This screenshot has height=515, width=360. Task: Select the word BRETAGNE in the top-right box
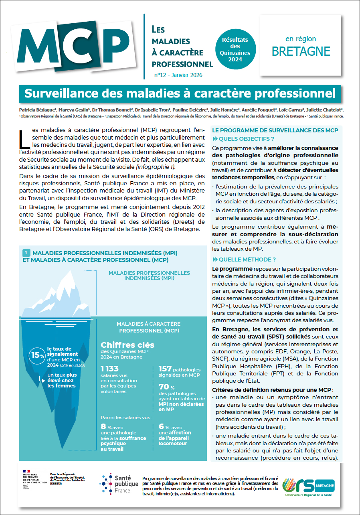tap(301, 51)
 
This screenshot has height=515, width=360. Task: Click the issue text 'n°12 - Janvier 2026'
tap(178, 75)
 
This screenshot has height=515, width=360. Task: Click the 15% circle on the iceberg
tap(36, 355)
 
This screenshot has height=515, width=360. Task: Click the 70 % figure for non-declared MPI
tap(164, 387)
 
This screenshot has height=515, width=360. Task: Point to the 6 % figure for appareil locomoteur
tap(164, 427)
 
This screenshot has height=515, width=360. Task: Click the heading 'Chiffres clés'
tap(127, 345)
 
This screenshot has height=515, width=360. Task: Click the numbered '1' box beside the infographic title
tap(26, 253)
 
